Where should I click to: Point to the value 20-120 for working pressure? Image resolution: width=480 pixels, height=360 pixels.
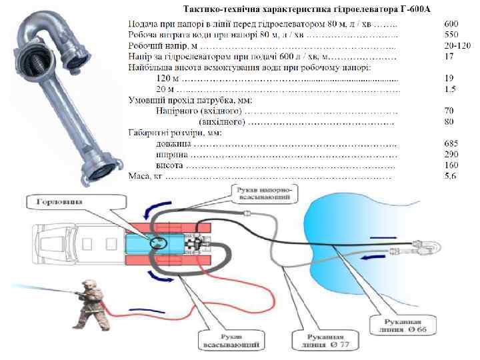coord(457,45)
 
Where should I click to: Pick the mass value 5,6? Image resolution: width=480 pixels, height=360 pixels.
coord(451,176)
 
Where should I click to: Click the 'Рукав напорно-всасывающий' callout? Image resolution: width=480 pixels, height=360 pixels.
coord(263,195)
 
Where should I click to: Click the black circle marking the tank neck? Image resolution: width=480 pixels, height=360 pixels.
coord(159,241)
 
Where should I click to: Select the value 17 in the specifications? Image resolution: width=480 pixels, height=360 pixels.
coord(449,57)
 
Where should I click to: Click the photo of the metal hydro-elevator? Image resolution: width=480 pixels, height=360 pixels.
coord(66,93)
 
